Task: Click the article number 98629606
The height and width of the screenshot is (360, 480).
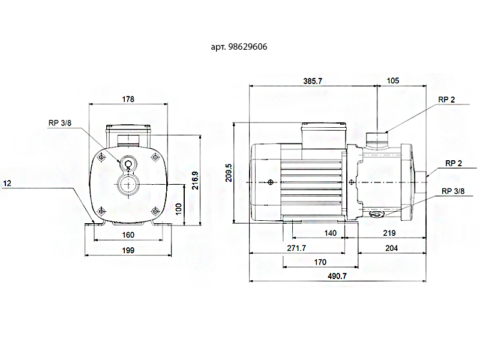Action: [x=248, y=47]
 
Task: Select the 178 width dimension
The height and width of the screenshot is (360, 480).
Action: [x=128, y=99]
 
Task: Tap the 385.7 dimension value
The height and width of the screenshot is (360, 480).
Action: [x=313, y=81]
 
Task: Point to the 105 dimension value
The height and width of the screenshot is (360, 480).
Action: [x=393, y=81]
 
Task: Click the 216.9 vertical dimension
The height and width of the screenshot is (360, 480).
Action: [x=196, y=181]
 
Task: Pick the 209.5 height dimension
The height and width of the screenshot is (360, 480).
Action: [x=229, y=173]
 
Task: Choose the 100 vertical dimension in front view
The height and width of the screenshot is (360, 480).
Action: [x=178, y=209]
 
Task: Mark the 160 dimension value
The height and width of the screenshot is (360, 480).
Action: [x=128, y=235]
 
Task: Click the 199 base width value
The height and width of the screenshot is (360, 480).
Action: [x=128, y=250]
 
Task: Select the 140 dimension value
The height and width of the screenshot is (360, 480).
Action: [x=331, y=233]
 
